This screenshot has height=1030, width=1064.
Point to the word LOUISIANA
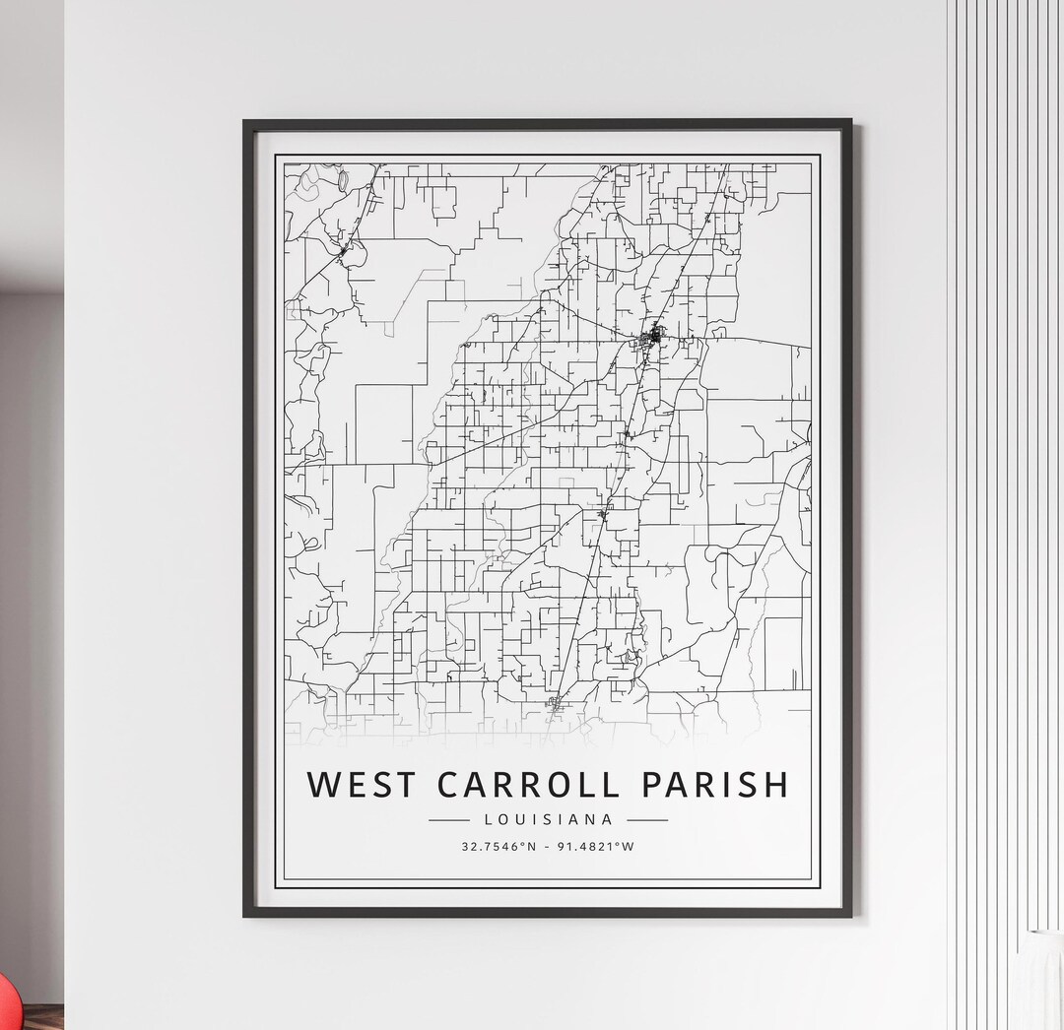tap(549, 819)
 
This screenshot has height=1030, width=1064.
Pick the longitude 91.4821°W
tap(597, 846)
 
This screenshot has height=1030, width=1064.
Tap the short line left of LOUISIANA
tap(449, 819)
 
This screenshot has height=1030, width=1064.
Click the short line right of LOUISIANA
tap(647, 819)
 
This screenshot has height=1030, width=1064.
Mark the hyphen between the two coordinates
tap(549, 846)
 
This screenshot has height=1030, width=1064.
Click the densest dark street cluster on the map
tap(653, 338)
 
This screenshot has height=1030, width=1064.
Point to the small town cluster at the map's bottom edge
tap(555, 703)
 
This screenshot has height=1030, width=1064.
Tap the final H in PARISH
tap(775, 785)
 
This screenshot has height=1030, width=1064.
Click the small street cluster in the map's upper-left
tap(342, 252)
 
